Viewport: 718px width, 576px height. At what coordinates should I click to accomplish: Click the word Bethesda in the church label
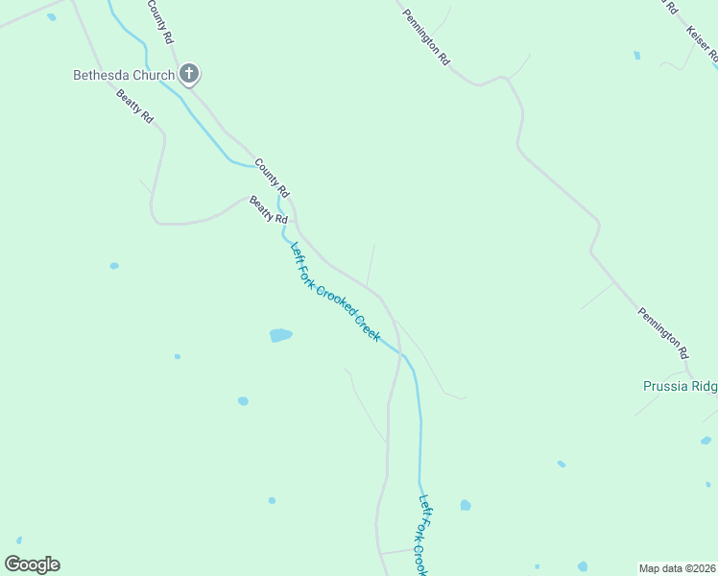(100, 75)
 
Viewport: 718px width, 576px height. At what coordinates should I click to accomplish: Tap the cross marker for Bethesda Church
(189, 73)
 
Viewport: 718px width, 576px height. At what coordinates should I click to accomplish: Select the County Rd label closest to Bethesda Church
(159, 21)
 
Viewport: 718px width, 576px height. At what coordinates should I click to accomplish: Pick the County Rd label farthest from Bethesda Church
(272, 173)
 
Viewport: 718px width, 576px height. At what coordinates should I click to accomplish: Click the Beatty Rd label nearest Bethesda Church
(134, 106)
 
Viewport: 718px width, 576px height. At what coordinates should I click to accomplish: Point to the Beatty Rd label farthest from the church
(269, 210)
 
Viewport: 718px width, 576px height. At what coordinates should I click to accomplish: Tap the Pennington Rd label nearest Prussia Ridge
(663, 327)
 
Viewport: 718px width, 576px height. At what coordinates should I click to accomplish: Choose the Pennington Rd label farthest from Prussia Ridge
(426, 36)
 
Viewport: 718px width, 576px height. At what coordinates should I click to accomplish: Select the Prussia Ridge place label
(680, 386)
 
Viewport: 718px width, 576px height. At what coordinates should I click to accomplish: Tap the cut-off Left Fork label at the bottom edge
(419, 534)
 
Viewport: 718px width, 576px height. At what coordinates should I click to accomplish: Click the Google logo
(32, 564)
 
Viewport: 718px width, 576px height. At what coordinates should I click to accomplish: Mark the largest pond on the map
(280, 335)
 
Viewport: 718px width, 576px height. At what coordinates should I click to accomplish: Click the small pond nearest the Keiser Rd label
(636, 56)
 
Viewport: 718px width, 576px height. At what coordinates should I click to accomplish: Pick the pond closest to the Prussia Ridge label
(706, 441)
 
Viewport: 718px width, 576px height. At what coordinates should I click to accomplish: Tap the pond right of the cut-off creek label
(466, 505)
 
